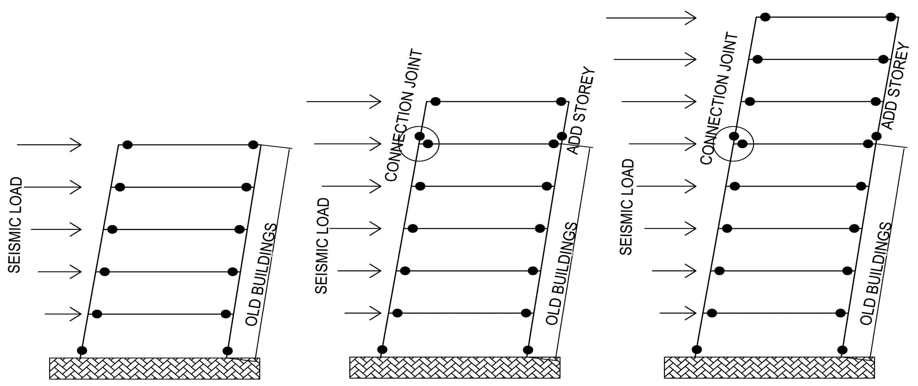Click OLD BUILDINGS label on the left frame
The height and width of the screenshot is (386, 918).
click(x=261, y=275)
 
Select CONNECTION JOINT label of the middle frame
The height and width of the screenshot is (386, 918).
click(x=404, y=116)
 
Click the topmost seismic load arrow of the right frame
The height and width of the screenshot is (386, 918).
click(x=651, y=18)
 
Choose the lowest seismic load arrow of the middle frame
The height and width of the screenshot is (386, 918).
click(x=363, y=313)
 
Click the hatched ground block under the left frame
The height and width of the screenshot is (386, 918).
click(x=154, y=368)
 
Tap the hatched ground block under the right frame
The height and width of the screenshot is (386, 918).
click(x=769, y=367)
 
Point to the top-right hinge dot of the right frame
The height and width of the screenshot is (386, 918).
click(x=891, y=17)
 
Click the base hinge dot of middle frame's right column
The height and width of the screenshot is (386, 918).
click(x=528, y=350)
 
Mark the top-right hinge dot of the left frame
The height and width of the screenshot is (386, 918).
click(x=253, y=145)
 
